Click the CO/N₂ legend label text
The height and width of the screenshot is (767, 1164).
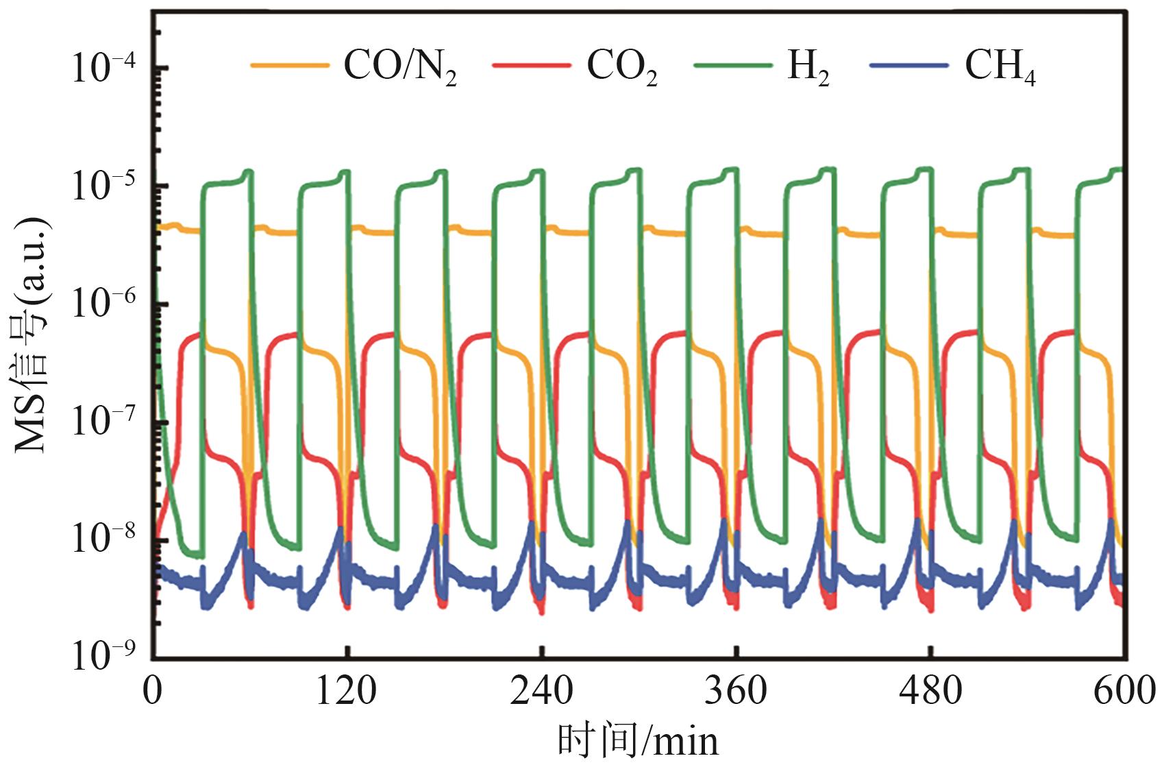point(399,68)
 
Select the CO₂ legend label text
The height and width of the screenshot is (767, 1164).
point(621,68)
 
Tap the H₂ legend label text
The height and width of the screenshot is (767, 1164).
point(808,68)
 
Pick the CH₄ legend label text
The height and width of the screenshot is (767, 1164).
point(1000,68)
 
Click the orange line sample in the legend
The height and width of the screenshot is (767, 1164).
point(290,66)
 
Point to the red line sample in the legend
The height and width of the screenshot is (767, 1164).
point(531,66)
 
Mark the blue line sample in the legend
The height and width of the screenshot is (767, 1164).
point(908,66)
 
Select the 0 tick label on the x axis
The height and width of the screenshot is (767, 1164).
point(153,692)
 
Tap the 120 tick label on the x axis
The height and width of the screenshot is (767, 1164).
point(346,692)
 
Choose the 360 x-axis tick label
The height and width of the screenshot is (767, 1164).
point(736,692)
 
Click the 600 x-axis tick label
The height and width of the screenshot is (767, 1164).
point(1124,692)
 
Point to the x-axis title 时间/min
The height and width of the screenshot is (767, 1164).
point(639,742)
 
